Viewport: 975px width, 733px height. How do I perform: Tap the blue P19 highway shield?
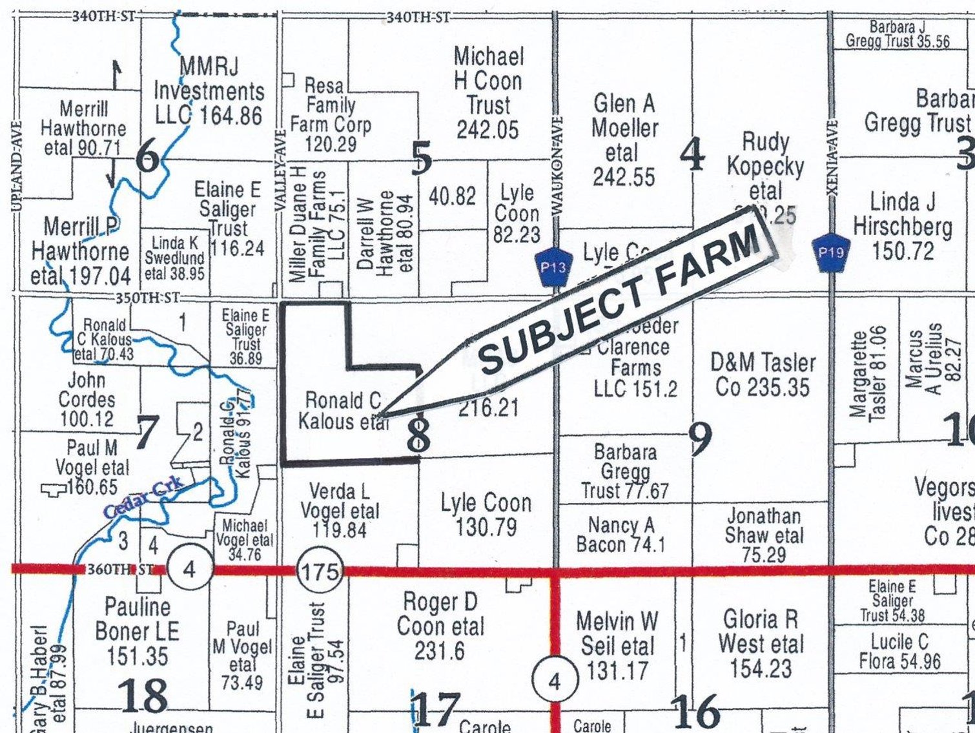[830, 251]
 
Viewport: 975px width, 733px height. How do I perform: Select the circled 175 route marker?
[320, 571]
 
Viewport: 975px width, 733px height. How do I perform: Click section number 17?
[436, 709]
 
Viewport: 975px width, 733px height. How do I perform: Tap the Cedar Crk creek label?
[144, 499]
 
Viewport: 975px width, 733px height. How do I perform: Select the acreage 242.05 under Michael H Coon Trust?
[487, 130]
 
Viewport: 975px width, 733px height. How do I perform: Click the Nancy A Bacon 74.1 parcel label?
[621, 534]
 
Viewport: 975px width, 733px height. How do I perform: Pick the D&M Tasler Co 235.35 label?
[763, 375]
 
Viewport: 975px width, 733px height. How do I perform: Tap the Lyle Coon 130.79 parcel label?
[486, 515]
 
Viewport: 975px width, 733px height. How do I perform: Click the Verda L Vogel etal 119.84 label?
[340, 511]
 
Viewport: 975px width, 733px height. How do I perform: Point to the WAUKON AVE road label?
[558, 165]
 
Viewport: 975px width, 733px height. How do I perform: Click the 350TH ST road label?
[147, 298]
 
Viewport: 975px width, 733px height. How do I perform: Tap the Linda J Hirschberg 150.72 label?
[903, 226]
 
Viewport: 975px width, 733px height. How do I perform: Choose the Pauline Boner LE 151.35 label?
[138, 632]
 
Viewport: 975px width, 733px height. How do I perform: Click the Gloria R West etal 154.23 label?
[761, 644]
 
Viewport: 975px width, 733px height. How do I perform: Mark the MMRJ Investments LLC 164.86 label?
[209, 91]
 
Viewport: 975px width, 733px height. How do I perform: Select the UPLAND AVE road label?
[16, 166]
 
